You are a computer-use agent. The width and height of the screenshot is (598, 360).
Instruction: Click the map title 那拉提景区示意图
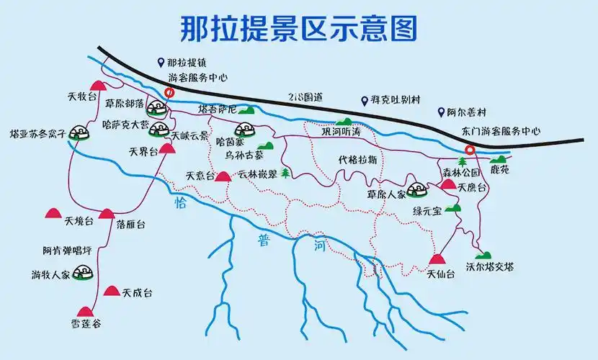pyautogui.click(x=298, y=29)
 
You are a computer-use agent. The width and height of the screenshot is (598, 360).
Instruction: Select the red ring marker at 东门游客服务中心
pyautogui.click(x=470, y=150)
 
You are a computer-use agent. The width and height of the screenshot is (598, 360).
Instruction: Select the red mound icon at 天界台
pyautogui.click(x=167, y=149)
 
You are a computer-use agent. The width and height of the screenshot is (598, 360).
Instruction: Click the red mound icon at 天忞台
pyautogui.click(x=223, y=176)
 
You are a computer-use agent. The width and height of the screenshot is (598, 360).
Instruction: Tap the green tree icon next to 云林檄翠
pyautogui.click(x=286, y=174)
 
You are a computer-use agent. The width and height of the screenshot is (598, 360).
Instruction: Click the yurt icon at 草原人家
pyautogui.click(x=416, y=190)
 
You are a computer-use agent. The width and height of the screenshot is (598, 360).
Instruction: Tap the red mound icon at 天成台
pyautogui.click(x=111, y=291)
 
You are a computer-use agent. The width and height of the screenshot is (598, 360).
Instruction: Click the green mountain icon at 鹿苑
pyautogui.click(x=498, y=159)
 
